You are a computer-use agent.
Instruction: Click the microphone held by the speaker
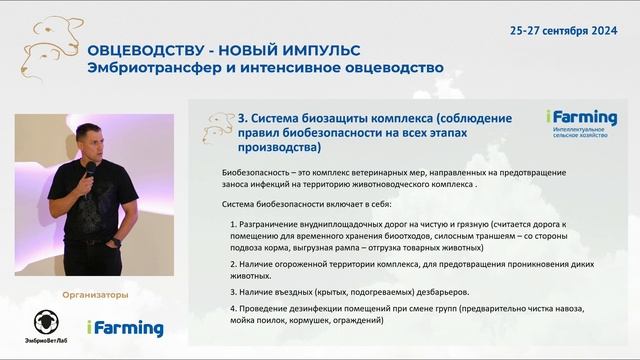point(89,173)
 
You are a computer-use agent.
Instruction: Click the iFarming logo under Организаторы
point(124,328)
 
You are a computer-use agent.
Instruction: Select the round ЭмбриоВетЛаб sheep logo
point(46,322)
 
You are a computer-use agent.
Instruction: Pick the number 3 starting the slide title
point(242,117)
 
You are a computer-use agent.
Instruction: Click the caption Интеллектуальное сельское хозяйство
point(581,134)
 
